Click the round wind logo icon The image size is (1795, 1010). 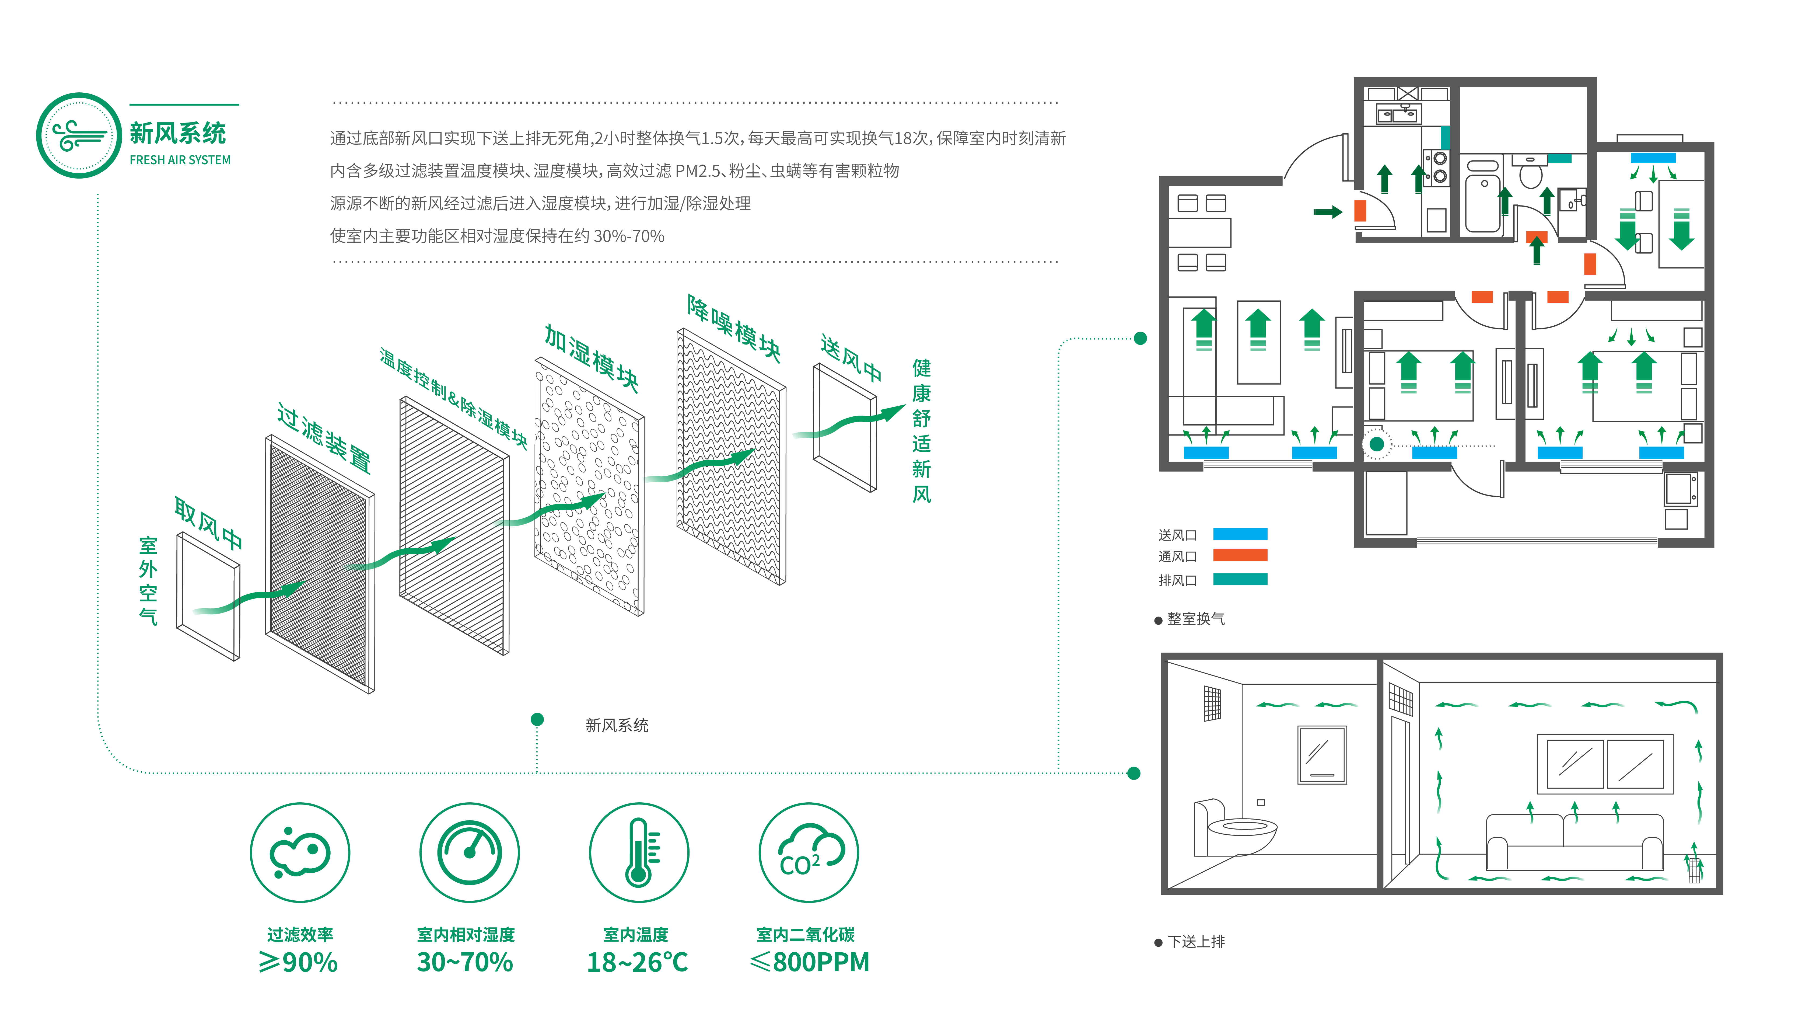(79, 135)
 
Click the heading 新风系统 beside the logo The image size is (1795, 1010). (178, 133)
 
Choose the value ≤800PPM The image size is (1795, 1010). (810, 963)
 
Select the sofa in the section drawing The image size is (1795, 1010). (1573, 842)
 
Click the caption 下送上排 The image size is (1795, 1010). (1196, 942)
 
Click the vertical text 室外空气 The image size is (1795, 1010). (148, 581)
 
